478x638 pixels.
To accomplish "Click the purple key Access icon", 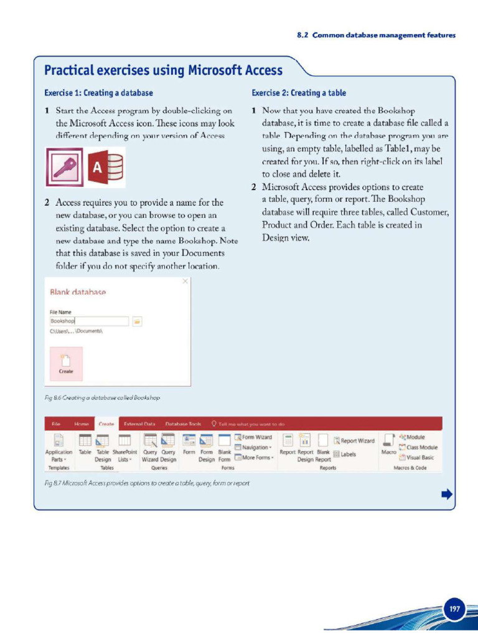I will (64, 167).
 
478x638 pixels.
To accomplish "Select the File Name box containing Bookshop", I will (89, 321).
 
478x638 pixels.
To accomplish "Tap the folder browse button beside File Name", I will (138, 321).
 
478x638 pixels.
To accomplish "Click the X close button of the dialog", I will (185, 282).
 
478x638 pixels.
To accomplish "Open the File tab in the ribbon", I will (56, 424).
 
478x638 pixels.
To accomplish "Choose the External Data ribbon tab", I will (139, 424).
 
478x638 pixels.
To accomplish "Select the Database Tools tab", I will (183, 424).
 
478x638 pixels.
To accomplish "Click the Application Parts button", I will (59, 447).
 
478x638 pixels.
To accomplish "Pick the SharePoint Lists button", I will (124, 447).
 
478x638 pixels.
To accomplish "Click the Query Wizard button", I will (150, 447).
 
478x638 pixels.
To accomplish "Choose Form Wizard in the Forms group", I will (254, 437).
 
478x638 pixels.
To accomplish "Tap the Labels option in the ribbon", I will (345, 454).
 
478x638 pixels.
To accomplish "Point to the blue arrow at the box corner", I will (446, 495).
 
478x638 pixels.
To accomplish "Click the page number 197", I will (455, 609).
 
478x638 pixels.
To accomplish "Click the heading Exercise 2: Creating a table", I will (299, 93).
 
